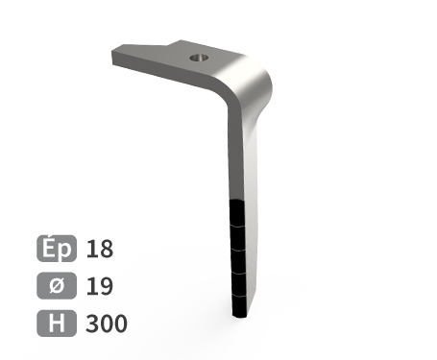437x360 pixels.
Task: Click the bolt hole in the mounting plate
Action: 199,59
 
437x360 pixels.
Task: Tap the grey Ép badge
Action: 57,249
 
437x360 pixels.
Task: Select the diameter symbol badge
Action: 57,285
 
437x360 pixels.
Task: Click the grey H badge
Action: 57,324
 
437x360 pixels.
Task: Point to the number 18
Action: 100,249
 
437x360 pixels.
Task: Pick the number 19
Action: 100,286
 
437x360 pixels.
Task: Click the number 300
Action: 107,324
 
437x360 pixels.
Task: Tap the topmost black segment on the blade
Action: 237,213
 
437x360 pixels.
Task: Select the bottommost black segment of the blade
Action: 239,306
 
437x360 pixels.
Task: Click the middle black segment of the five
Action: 238,261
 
